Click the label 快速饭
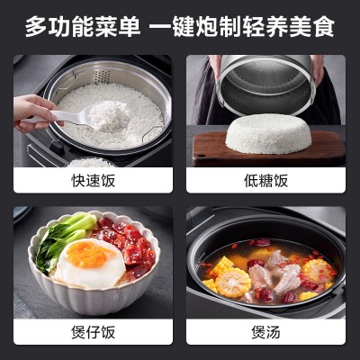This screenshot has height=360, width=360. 93,181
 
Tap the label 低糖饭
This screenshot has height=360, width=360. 265,181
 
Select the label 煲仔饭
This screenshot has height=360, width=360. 93,332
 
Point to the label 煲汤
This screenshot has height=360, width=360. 265,332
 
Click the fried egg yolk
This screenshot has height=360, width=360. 87,254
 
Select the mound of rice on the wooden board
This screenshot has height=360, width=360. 268,134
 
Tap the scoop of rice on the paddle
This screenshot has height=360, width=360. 110,115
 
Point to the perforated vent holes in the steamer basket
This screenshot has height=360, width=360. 103,76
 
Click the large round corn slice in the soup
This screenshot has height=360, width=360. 233,283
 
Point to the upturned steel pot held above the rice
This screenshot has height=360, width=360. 266,85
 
